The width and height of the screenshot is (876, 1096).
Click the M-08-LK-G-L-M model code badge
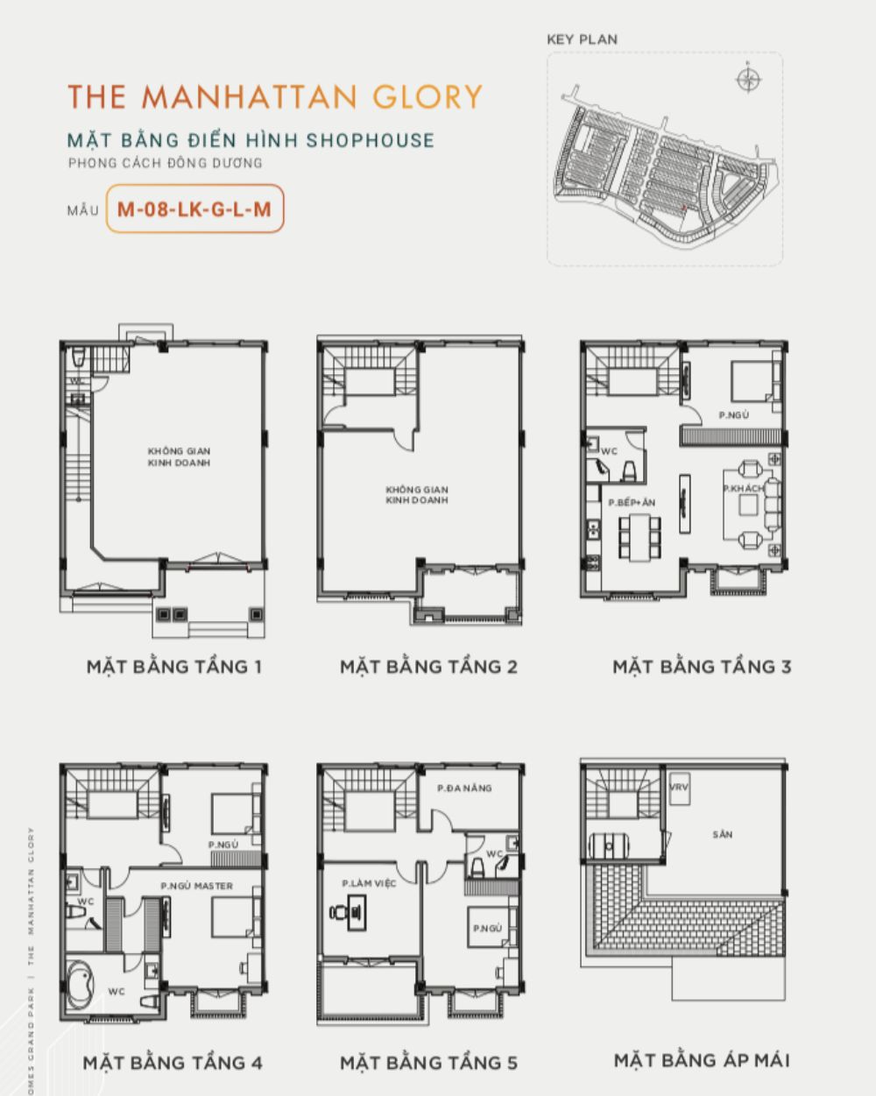pos(194,209)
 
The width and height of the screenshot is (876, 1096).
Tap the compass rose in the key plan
pos(747,81)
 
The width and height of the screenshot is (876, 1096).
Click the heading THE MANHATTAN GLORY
pos(275,96)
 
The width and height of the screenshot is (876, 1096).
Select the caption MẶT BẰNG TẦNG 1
pos(173,667)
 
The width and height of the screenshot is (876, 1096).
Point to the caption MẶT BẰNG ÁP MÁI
pos(702,1061)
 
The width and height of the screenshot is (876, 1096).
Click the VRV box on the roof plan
pos(679,788)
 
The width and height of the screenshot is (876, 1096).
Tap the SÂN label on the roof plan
pos(723,835)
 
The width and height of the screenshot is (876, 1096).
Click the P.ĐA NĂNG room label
pos(464,788)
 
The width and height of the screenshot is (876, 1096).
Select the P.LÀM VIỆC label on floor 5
pos(369,883)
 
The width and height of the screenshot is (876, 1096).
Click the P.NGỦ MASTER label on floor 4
pos(197,886)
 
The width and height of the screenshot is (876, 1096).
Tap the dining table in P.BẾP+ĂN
pos(637,537)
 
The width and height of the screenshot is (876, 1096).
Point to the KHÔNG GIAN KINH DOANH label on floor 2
pos(417,495)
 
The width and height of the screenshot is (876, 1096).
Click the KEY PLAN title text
pos(582,39)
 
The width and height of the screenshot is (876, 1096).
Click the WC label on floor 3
pos(610,451)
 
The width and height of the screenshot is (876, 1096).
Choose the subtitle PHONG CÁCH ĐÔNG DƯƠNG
pos(166,163)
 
